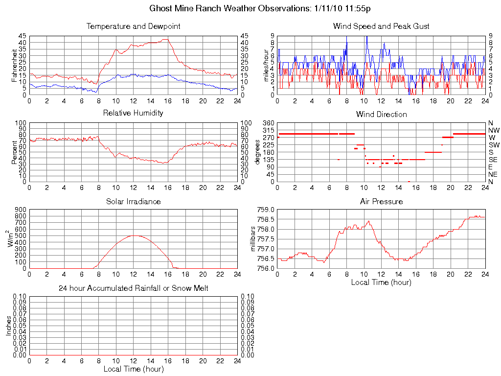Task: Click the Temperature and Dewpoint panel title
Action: [133, 26]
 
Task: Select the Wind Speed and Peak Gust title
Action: [381, 26]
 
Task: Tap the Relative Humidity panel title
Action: [133, 113]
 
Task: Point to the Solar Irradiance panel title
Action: [133, 201]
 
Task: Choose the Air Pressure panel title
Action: [381, 201]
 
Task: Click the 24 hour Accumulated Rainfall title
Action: [133, 288]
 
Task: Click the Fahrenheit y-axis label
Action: [15, 65]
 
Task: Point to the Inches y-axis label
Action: [8, 326]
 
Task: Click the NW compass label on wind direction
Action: [494, 130]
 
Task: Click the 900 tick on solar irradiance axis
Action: [21, 210]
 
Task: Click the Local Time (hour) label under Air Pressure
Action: [381, 282]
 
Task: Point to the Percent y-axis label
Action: [15, 152]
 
